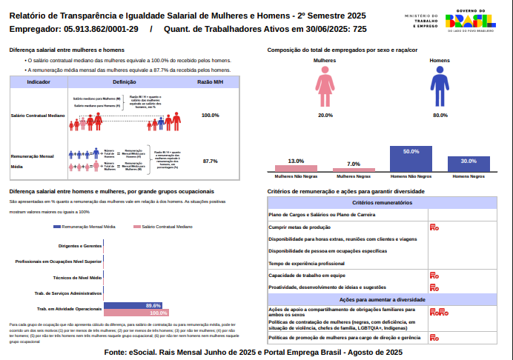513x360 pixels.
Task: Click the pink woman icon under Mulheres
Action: click(325, 87)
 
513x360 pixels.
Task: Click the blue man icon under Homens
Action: click(440, 87)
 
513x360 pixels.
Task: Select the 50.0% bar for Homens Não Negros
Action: click(411, 160)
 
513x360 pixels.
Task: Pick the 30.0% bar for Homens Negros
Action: click(469, 164)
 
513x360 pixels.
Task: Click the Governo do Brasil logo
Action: click(471, 21)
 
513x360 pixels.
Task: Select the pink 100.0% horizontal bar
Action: click(136, 313)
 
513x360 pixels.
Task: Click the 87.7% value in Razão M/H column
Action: click(210, 161)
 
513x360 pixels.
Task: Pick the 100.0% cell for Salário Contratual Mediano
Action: click(211, 116)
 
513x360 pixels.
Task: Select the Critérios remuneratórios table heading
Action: click(382, 202)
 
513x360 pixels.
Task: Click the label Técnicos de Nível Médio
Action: click(78, 277)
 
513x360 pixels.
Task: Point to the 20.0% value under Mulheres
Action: click(325, 116)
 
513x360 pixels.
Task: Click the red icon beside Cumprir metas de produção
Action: click(434, 227)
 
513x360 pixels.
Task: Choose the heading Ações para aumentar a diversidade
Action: click(382, 300)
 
